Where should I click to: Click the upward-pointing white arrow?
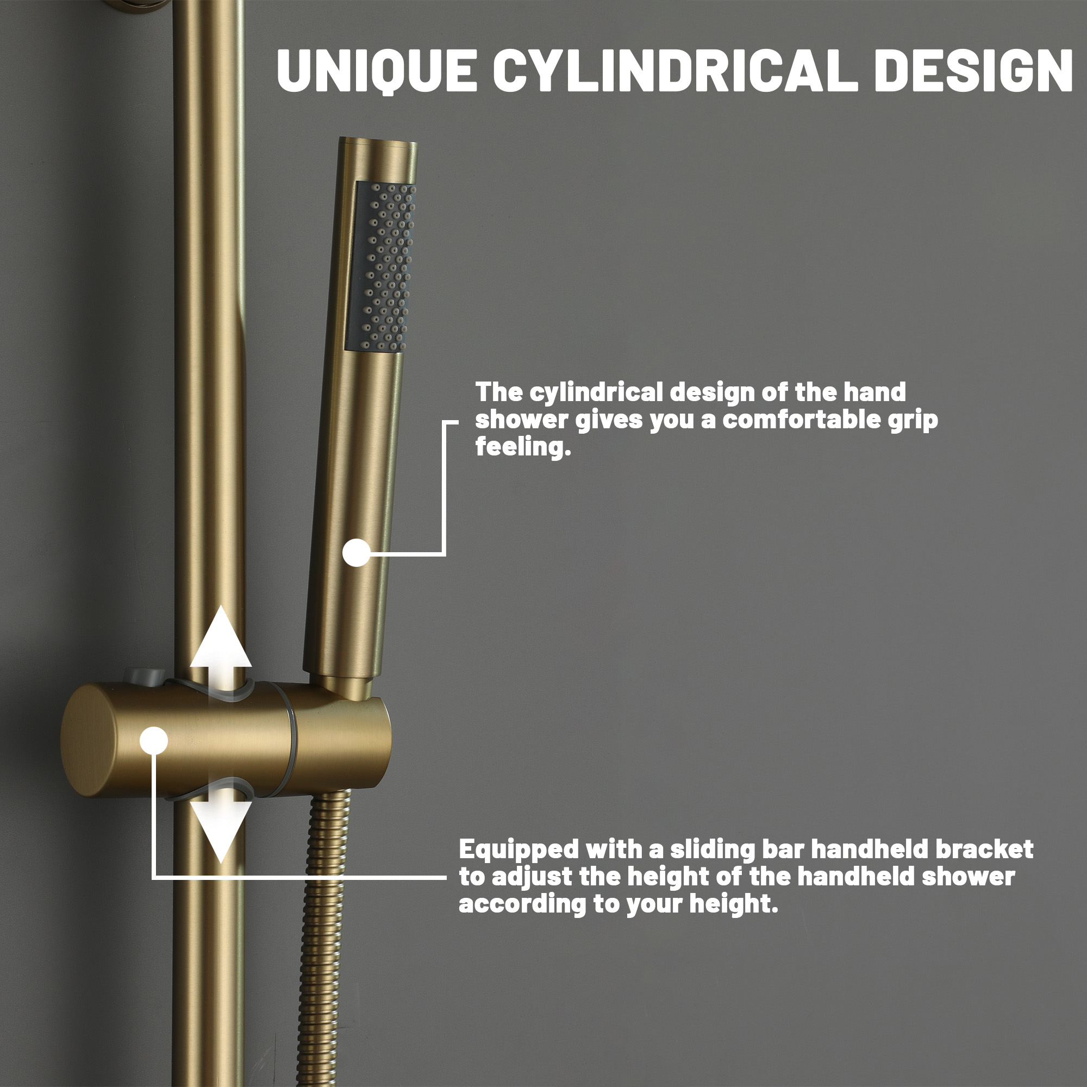[221, 641]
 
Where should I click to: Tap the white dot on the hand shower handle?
[357, 553]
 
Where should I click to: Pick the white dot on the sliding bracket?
[154, 740]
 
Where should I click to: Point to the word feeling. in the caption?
[523, 447]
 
